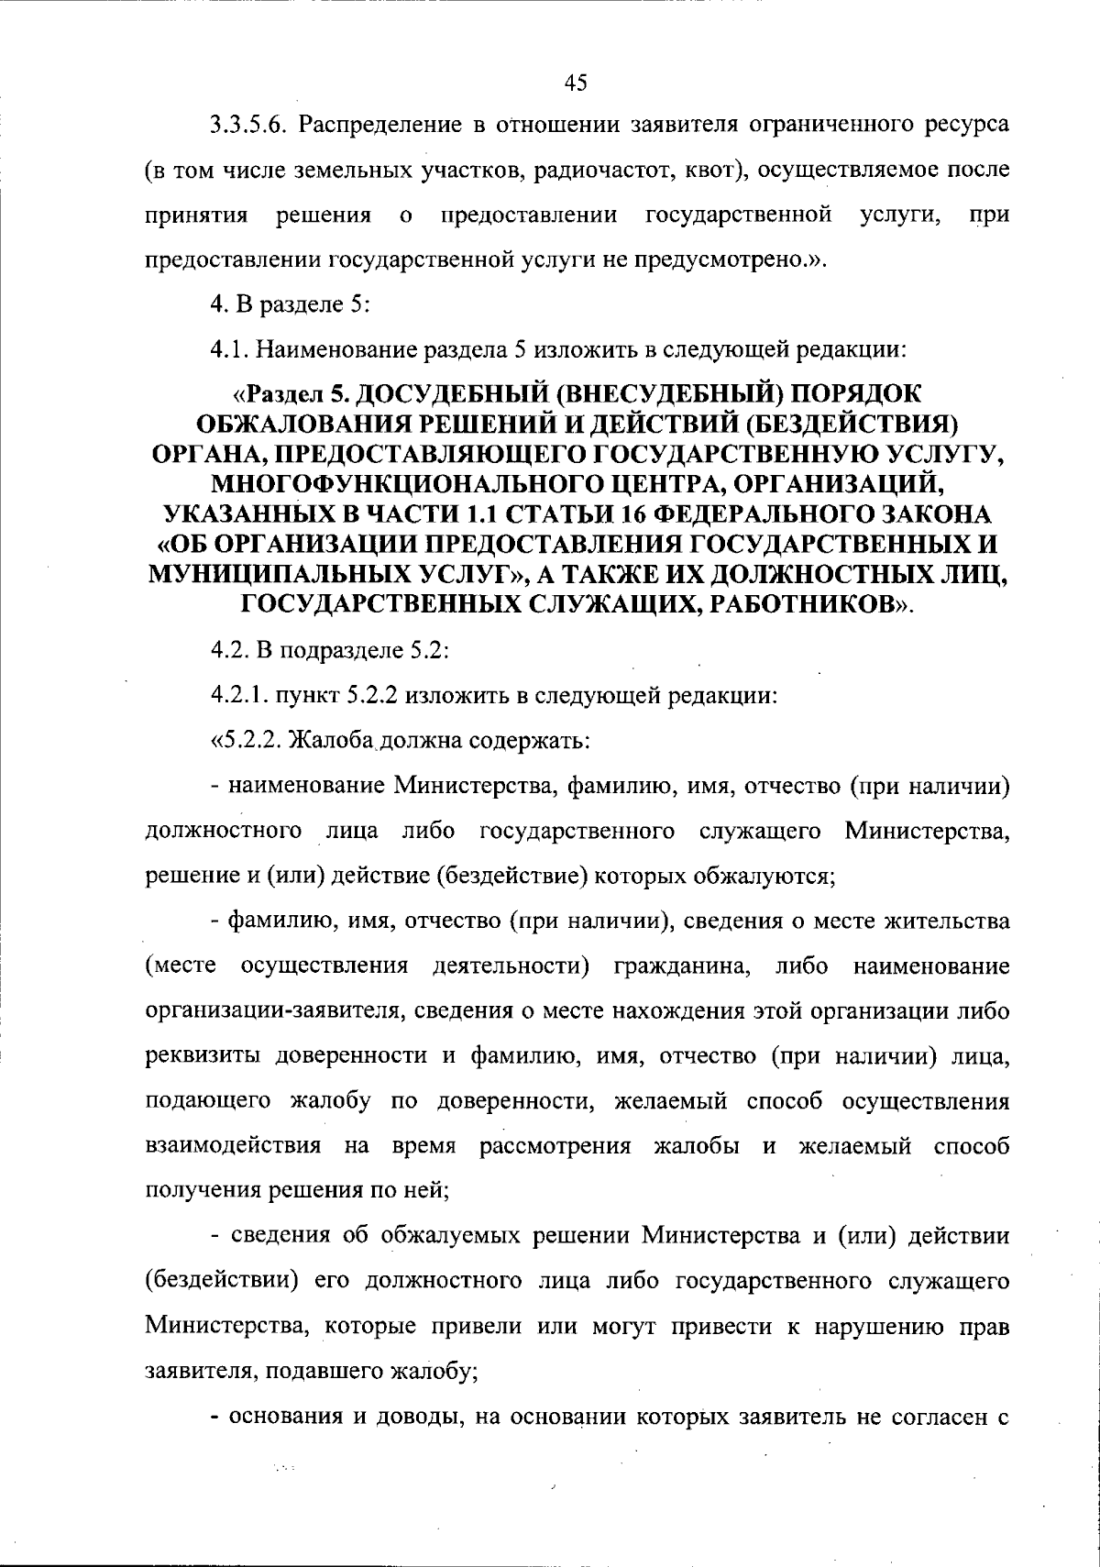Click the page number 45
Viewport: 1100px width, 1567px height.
pos(576,83)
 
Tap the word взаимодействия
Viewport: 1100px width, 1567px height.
pos(234,1147)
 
